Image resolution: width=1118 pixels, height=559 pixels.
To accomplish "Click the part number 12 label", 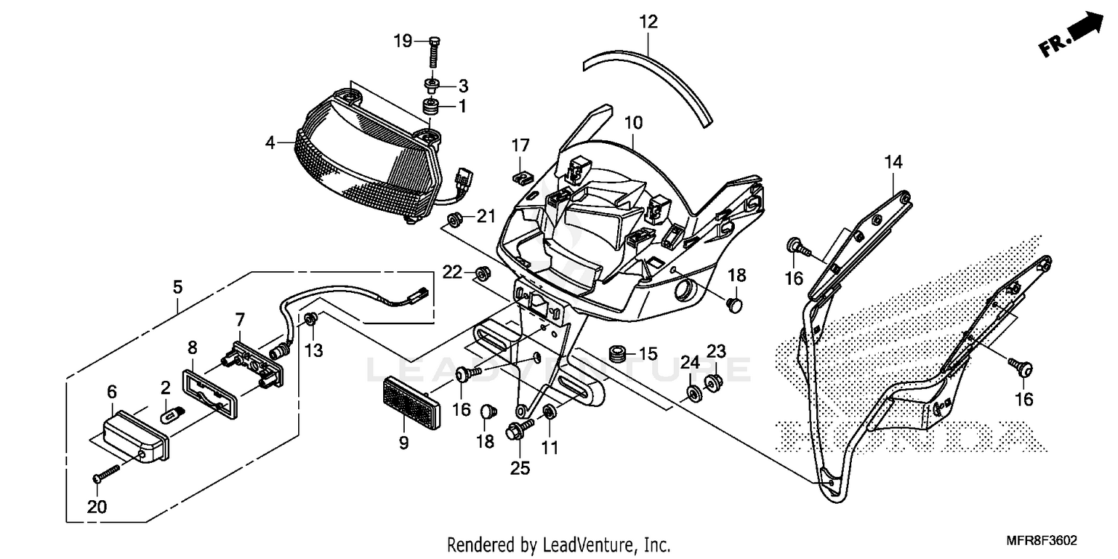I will click(x=648, y=22).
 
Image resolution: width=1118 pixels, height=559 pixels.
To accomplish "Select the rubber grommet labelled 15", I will click(x=617, y=353).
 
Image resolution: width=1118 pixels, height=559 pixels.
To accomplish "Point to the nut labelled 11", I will click(x=549, y=412).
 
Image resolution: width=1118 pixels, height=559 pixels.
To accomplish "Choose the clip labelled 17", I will click(x=523, y=177).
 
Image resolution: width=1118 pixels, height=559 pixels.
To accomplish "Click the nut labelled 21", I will click(x=452, y=218).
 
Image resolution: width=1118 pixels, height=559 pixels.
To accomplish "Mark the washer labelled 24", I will click(x=692, y=394).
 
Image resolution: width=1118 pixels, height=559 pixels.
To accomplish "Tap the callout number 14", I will click(x=893, y=162).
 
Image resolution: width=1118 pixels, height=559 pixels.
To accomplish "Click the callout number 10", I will click(x=634, y=121).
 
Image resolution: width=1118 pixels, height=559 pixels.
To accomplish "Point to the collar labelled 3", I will click(x=431, y=83).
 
